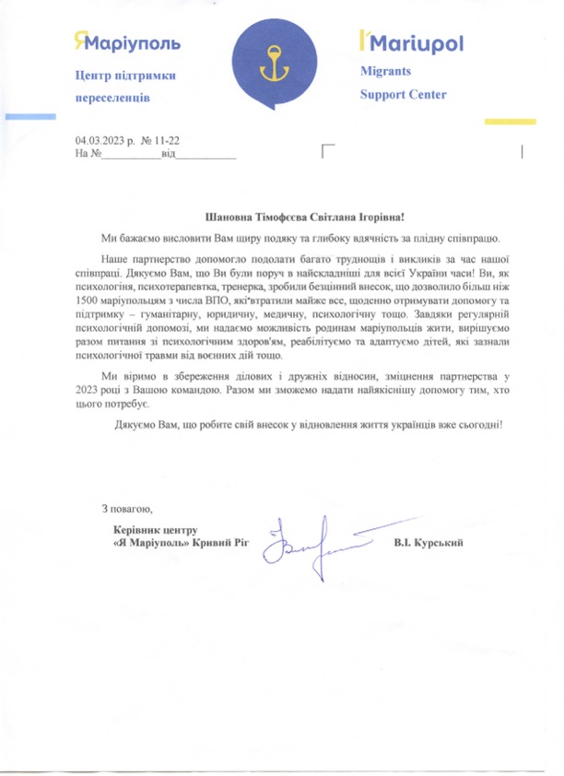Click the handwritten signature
(x=313, y=543)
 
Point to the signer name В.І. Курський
(x=428, y=543)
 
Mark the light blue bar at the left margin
(x=29, y=116)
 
